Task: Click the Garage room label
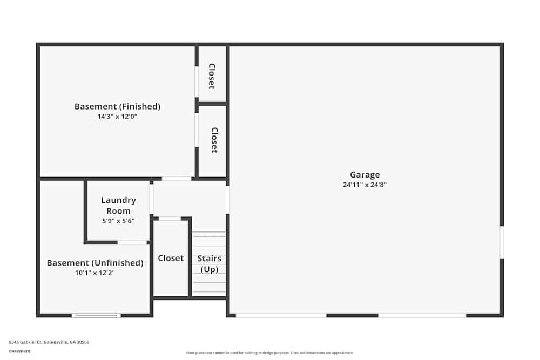[x=364, y=174]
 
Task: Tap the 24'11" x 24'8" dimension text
[x=364, y=185]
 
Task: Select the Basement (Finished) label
[x=117, y=106]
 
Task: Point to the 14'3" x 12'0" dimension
[x=117, y=116]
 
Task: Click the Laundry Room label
[x=118, y=206]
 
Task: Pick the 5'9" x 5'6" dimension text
[x=118, y=221]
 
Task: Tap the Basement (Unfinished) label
[x=95, y=263]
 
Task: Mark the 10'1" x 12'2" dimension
[x=95, y=273]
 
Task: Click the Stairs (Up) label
[x=209, y=264]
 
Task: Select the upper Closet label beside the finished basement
[x=212, y=76]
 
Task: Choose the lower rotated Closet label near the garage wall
[x=214, y=140]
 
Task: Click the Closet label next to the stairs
[x=171, y=258]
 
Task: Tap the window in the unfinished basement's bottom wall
[x=96, y=315]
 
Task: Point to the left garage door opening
[x=281, y=315]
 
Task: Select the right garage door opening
[x=422, y=315]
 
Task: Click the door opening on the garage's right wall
[x=502, y=242]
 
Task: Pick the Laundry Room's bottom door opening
[x=132, y=242]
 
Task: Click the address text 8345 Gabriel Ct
[x=49, y=342]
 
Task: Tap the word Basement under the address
[x=20, y=351]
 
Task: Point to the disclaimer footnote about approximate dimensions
[x=270, y=353]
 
